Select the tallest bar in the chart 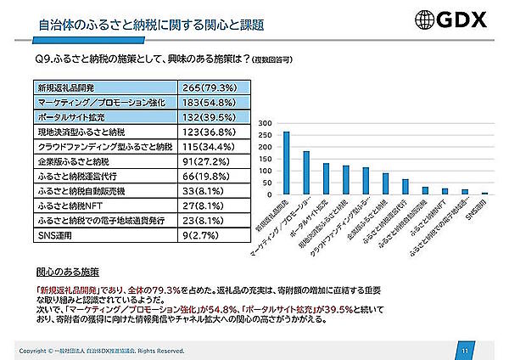pyautogui.click(x=286, y=163)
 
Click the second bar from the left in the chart pyautogui.click(x=306, y=173)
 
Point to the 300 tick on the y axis pyautogui.click(x=266, y=123)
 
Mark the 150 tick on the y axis pyautogui.click(x=266, y=159)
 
